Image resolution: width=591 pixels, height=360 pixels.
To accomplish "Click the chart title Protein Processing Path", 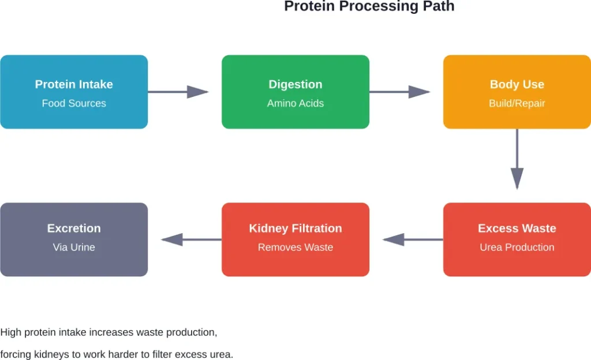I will [369, 7].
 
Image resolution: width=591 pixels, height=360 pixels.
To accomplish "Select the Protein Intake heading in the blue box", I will [74, 84].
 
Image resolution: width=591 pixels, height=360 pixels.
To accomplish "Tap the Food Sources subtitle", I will [74, 103].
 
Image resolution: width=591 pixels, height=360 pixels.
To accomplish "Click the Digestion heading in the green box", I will [295, 84].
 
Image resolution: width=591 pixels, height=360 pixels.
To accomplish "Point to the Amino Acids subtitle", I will [295, 103].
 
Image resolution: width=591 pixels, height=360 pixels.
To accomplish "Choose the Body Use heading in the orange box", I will [517, 84].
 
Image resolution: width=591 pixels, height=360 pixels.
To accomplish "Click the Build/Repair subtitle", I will [517, 103].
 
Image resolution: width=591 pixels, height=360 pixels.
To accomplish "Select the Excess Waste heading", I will [517, 228].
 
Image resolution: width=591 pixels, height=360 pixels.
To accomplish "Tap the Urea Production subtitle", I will [517, 247].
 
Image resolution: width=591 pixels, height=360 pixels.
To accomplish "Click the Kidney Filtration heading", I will [295, 228].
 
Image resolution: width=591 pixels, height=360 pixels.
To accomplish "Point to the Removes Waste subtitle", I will [295, 247].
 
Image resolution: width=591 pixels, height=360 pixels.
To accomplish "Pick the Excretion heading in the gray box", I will [74, 228].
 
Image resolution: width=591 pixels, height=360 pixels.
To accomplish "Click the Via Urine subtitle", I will [74, 247].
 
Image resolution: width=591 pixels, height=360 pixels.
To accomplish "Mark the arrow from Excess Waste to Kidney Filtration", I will [413, 239].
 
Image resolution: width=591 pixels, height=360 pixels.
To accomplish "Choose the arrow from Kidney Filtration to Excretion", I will [191, 239].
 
